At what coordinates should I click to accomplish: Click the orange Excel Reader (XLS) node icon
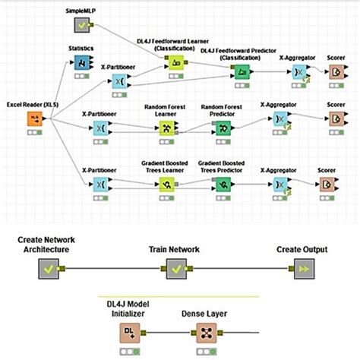(36, 119)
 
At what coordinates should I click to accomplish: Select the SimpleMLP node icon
(81, 26)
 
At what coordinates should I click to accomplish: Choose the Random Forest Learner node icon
(166, 127)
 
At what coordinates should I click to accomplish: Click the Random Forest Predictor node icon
(222, 127)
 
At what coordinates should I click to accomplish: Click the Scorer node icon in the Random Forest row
(336, 120)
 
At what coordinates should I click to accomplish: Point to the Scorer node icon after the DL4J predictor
(336, 71)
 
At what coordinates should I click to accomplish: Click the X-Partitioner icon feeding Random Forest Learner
(100, 127)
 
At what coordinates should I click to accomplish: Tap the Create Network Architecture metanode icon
(49, 269)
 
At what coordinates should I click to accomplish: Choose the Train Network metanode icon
(176, 269)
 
